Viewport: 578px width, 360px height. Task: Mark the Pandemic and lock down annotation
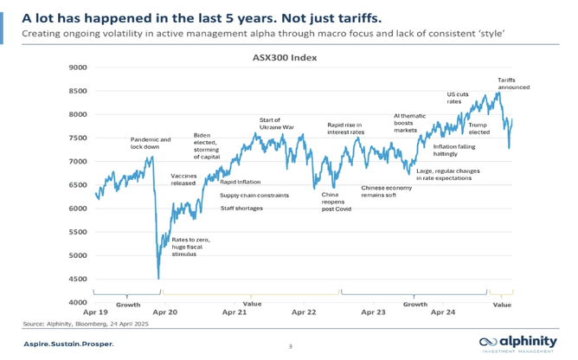pyautogui.click(x=151, y=143)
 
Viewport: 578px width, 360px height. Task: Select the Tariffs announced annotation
pyautogui.click(x=513, y=83)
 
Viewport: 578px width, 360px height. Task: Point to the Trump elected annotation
pyautogui.click(x=478, y=128)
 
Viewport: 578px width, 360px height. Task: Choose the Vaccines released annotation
pyautogui.click(x=184, y=180)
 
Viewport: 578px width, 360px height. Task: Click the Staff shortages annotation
pyautogui.click(x=241, y=208)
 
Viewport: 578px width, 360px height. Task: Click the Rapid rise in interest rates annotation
pyautogui.click(x=346, y=128)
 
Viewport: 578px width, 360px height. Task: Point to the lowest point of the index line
pyautogui.click(x=158, y=277)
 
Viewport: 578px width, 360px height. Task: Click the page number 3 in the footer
pyautogui.click(x=290, y=347)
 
